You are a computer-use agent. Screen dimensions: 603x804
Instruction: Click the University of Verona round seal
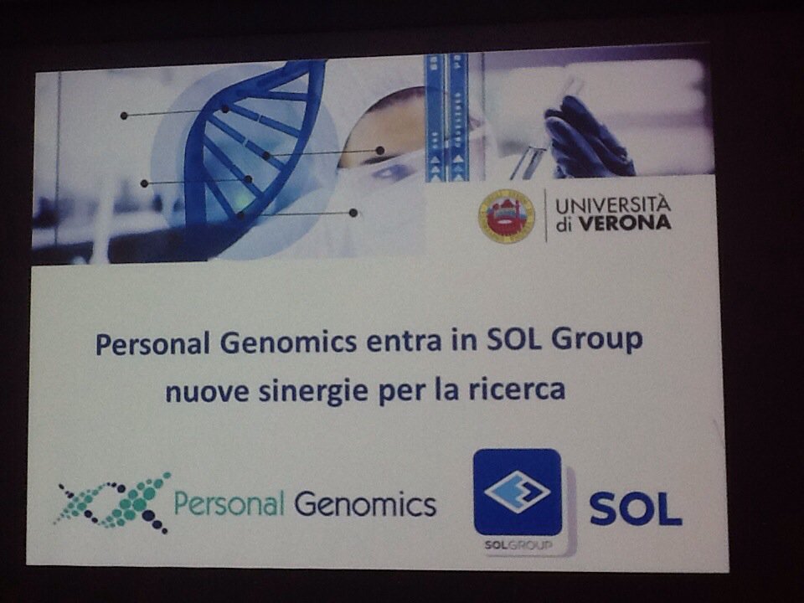(506, 216)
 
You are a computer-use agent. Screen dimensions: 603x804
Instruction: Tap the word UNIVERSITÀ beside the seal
(613, 204)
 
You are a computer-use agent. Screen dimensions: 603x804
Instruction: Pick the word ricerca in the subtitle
(523, 389)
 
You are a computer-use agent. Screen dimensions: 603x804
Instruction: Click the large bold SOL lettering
(635, 508)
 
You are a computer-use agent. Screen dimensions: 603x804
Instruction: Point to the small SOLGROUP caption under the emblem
(513, 544)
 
